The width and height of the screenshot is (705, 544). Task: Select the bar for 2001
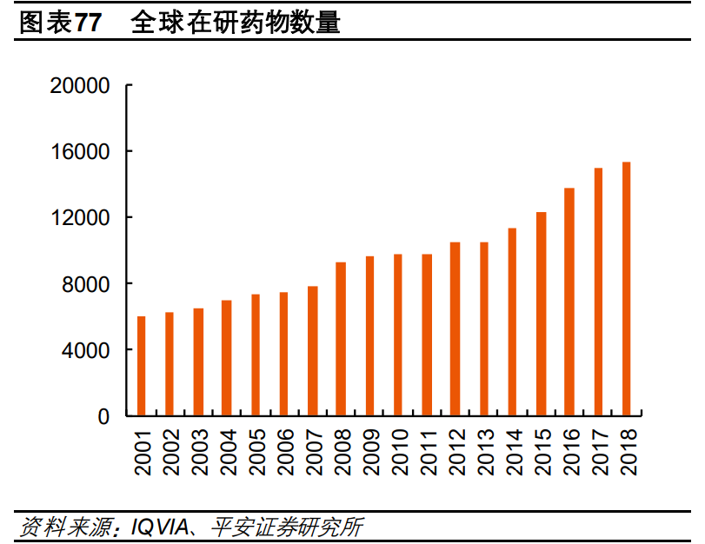tap(142, 366)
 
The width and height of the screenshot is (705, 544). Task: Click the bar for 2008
tap(341, 339)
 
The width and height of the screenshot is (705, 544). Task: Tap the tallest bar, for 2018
tap(626, 289)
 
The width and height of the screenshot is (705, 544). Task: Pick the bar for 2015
tap(541, 314)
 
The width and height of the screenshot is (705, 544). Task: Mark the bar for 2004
tap(227, 358)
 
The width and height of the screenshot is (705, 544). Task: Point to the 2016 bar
tap(569, 302)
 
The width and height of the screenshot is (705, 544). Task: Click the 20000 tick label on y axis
tap(80, 85)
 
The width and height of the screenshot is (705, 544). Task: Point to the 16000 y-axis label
tap(80, 151)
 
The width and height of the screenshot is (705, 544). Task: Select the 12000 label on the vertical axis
tap(80, 217)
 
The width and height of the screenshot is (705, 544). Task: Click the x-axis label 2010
tap(399, 451)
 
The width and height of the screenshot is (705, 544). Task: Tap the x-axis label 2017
tap(599, 451)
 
